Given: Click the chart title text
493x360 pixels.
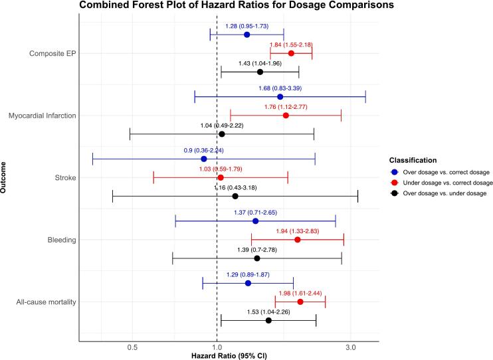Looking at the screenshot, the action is point(237,5).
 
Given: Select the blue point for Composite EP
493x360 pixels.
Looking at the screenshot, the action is point(246,35).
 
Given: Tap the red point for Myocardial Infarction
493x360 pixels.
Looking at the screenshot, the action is point(286,116).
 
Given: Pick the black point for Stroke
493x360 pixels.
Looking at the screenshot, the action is point(235,196).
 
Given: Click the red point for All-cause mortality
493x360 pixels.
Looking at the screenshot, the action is point(300,302).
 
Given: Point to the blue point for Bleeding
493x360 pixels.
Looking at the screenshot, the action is point(255,221).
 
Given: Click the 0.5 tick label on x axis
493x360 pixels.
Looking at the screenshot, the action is point(133,347).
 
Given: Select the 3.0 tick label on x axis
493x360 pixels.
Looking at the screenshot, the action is point(351,347).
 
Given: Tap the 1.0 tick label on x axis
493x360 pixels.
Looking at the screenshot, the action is point(217,347).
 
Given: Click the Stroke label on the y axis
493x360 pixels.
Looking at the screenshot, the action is point(65,177).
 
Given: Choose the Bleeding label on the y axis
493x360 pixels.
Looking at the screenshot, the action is point(62,240).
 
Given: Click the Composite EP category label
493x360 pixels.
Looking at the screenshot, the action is point(52,53).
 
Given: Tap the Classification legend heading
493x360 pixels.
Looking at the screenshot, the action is point(413,160).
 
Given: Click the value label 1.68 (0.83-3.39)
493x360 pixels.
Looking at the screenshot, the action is point(280,88).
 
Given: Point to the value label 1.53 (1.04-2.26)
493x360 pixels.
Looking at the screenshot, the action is point(268,312).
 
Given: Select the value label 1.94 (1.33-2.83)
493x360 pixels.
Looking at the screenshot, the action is point(298,231).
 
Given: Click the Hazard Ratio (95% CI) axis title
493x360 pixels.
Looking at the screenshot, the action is point(229,356).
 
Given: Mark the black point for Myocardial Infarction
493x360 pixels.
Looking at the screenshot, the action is point(222,134).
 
